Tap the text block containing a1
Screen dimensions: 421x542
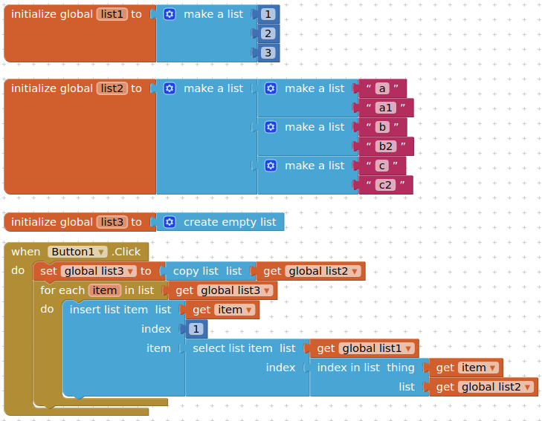coord(385,108)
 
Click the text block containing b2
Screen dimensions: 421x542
coord(385,146)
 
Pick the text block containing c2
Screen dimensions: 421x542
coord(384,185)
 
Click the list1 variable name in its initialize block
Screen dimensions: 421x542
coord(112,14)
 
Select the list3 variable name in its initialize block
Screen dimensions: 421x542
coord(112,222)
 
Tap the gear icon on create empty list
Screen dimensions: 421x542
coord(170,222)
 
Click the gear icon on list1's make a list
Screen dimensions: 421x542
coord(170,14)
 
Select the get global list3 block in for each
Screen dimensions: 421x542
coord(223,290)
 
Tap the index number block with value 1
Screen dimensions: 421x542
coord(196,329)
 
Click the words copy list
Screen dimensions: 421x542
coord(196,271)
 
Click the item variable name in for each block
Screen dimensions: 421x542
coord(104,290)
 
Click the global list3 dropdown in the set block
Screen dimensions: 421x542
coord(99,271)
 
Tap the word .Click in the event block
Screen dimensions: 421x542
coord(126,252)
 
